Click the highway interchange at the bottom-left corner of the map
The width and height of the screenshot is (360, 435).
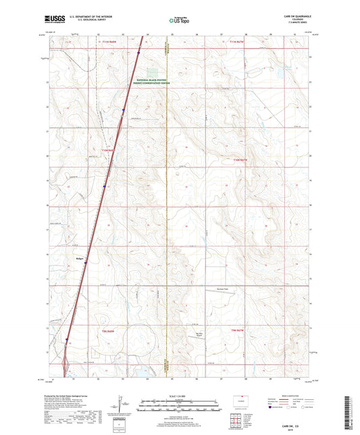[x=63, y=369]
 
